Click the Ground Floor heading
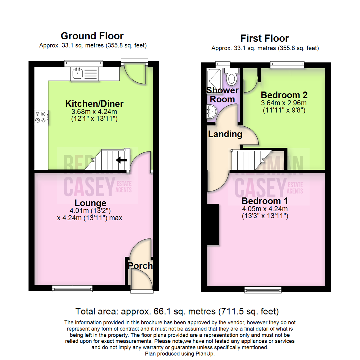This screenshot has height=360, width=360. [92, 36]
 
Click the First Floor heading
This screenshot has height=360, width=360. [265, 38]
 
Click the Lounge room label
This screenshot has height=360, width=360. [90, 203]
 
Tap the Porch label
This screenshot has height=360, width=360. [141, 266]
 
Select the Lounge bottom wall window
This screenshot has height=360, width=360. [72, 288]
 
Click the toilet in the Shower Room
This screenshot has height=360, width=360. [231, 78]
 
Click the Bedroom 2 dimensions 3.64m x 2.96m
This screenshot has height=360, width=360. [284, 103]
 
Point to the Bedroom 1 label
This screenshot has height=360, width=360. [265, 201]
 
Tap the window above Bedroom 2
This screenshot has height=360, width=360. [287, 64]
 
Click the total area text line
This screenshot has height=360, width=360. [177, 312]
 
